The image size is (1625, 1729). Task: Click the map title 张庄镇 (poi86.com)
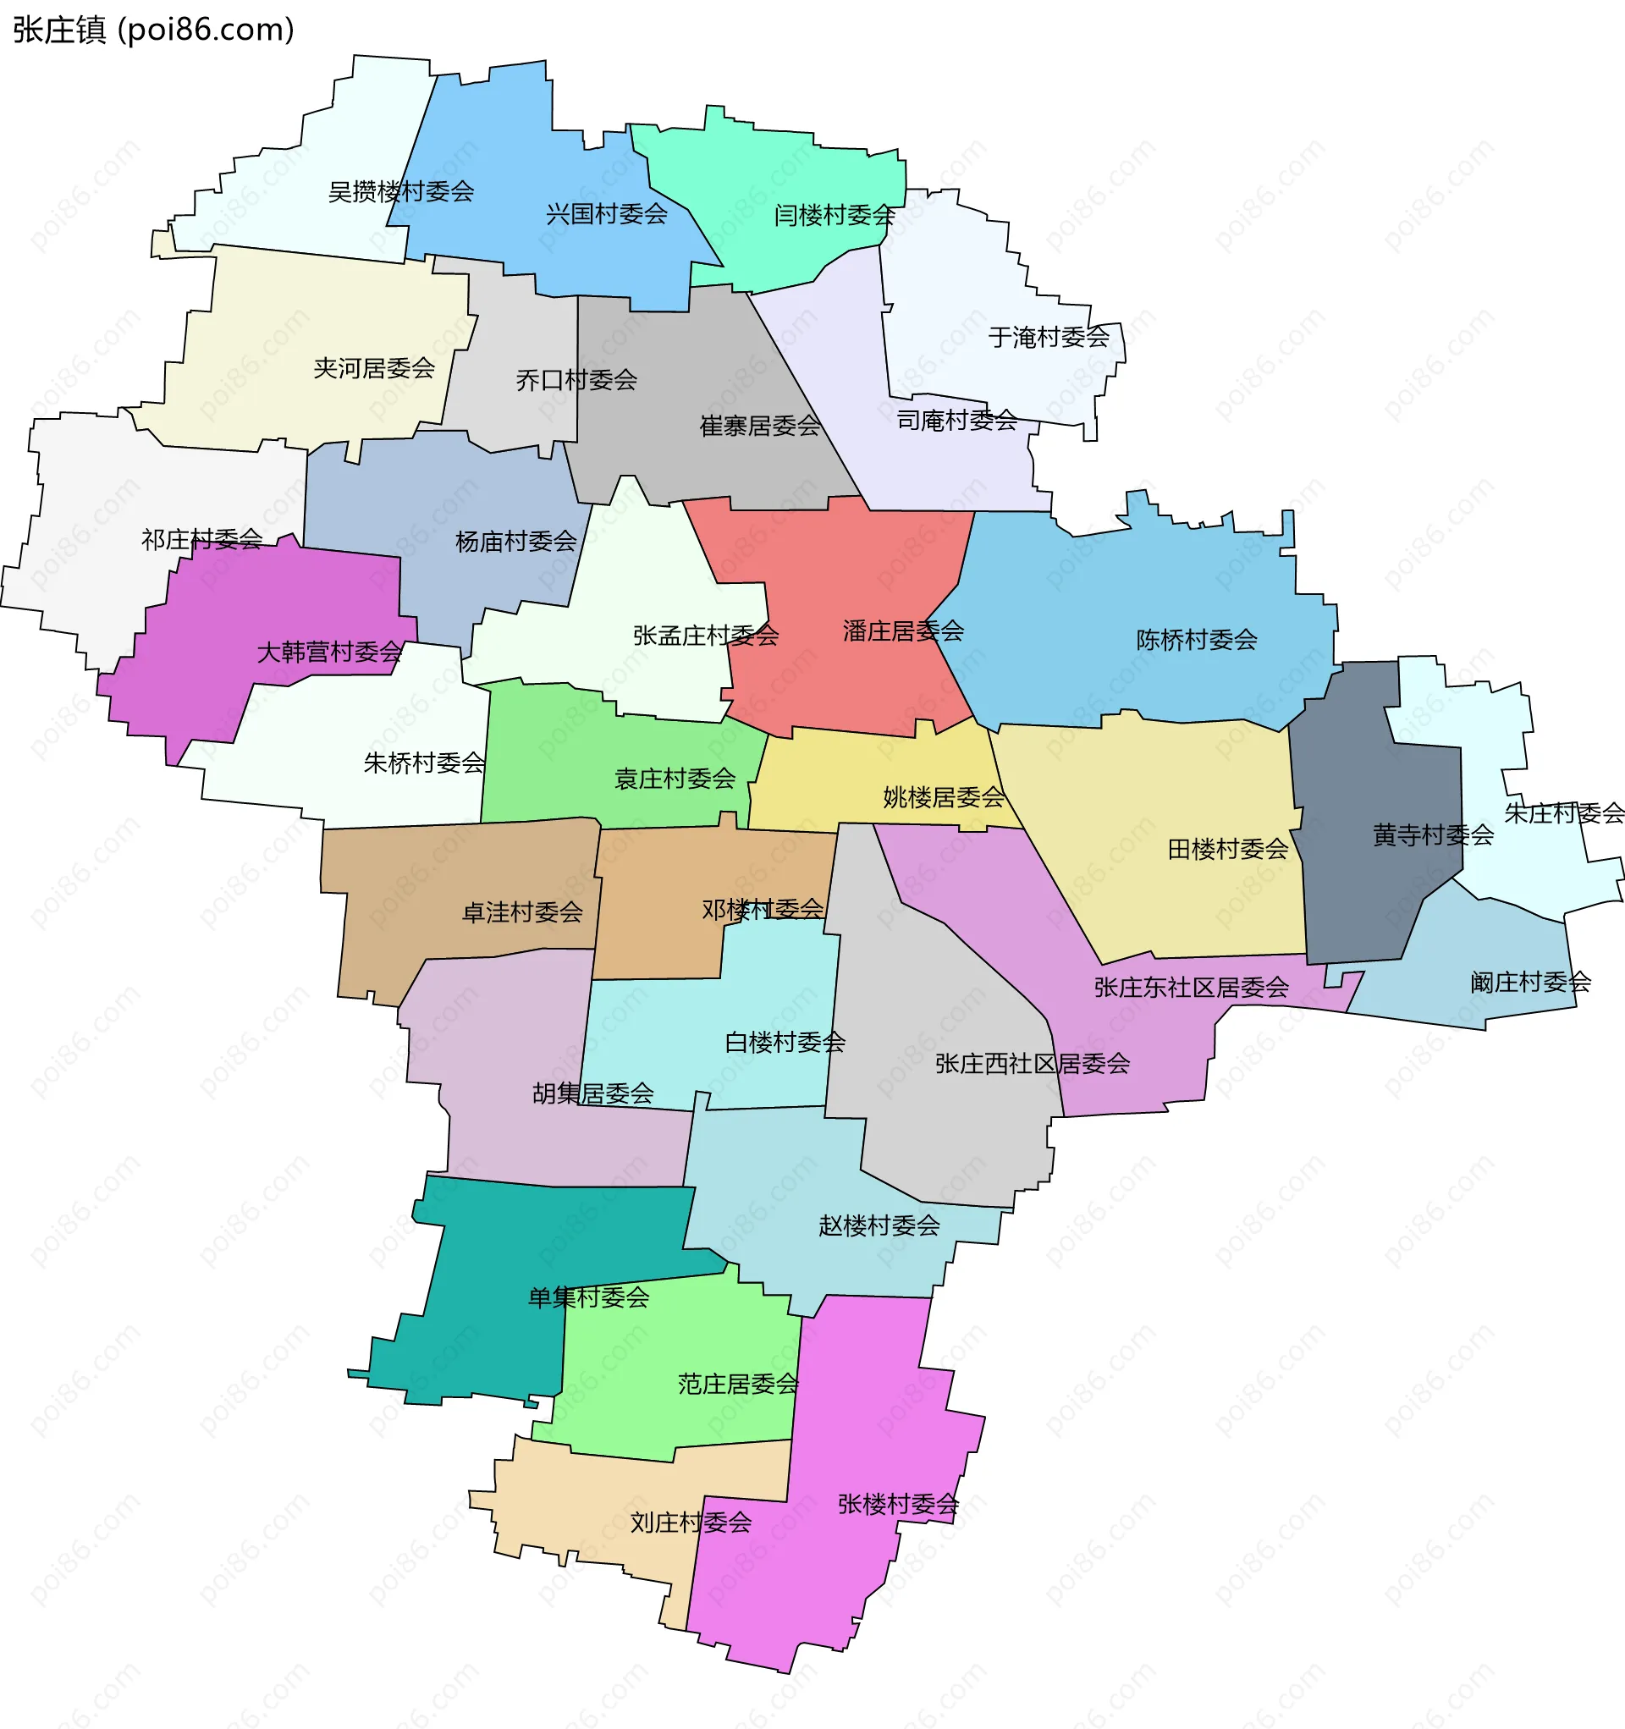pos(153,30)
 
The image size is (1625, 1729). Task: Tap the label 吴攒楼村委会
pos(400,191)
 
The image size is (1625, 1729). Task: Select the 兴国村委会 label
pos(606,214)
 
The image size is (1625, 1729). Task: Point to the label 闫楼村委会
pos(835,215)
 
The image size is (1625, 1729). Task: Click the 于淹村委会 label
pos(1049,337)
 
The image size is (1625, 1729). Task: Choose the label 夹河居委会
pos(374,368)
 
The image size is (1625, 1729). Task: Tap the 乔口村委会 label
pos(576,380)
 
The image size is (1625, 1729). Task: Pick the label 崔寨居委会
pos(759,426)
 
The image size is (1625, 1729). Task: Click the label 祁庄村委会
pos(201,539)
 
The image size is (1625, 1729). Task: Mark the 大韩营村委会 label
pos(329,652)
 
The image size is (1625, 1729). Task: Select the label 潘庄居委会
pos(903,630)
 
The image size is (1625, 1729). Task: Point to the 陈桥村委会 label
pos(1196,640)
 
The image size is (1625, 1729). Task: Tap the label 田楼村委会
pos(1227,849)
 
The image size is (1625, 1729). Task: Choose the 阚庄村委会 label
pos(1530,982)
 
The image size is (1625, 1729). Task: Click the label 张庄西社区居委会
pos(1033,1063)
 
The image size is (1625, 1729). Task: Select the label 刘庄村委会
pos(691,1522)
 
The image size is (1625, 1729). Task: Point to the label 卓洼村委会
pos(522,912)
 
